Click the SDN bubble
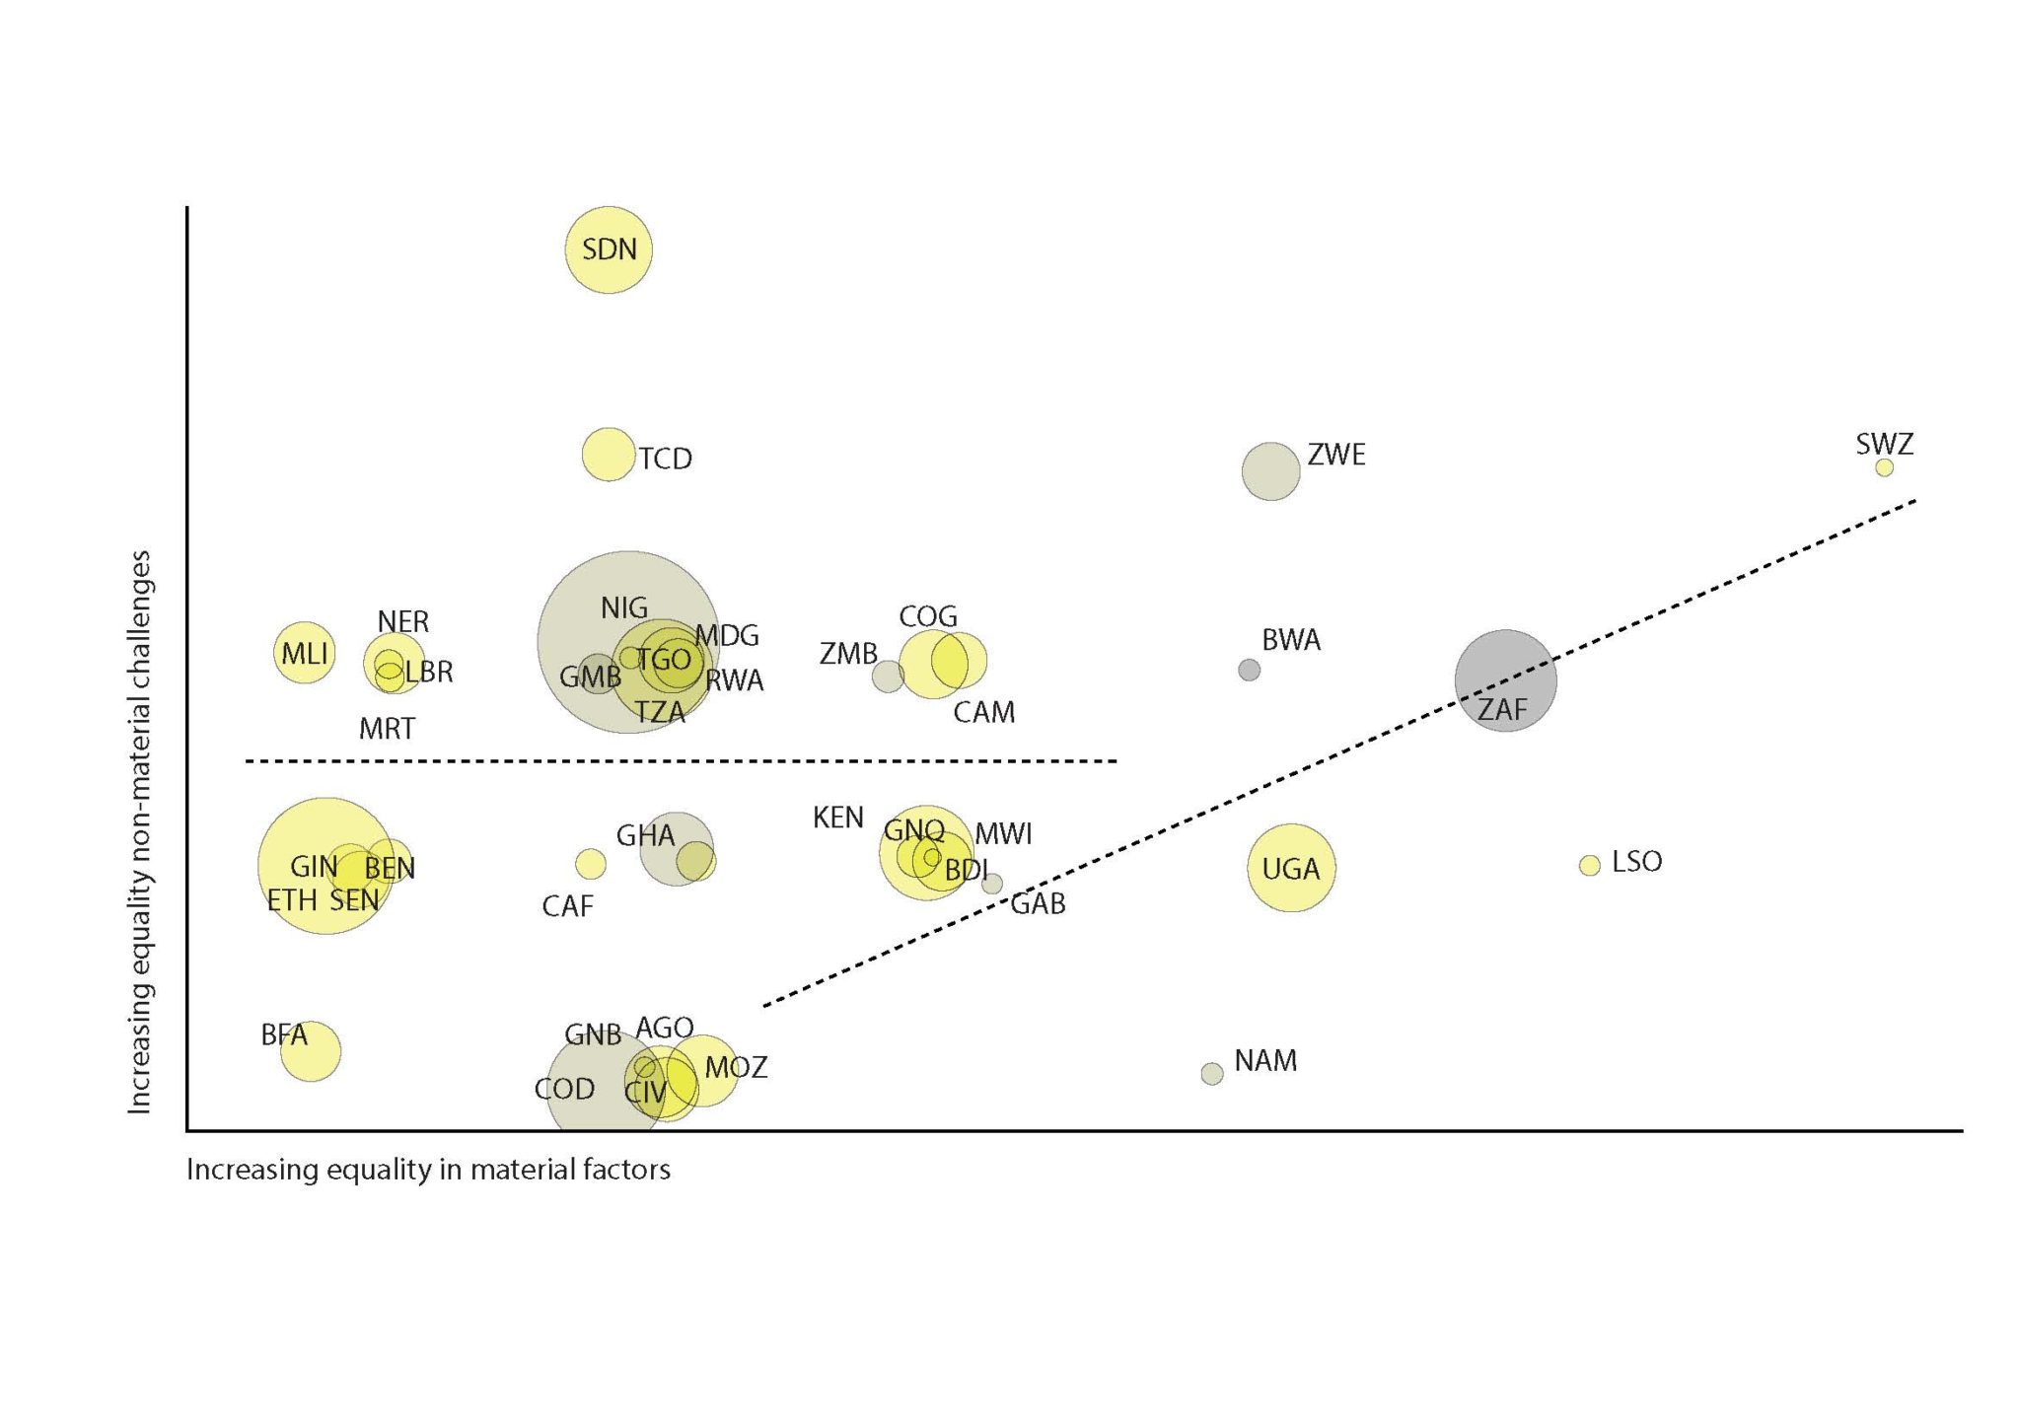(608, 250)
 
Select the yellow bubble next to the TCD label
(608, 455)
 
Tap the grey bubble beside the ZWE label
(1269, 471)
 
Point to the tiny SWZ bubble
(1884, 467)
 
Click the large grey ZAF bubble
(1505, 680)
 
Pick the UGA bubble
(1290, 868)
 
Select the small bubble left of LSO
(1589, 865)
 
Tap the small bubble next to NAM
(1211, 1074)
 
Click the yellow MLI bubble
(304, 653)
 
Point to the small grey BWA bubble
(1249, 670)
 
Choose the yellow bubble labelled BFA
(311, 1051)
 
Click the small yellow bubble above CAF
(590, 864)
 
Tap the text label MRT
(387, 729)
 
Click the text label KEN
(837, 818)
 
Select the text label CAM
(983, 712)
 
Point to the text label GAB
(1038, 903)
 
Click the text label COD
(564, 1089)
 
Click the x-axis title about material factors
(428, 1170)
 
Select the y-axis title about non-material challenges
(140, 831)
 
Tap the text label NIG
(623, 608)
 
